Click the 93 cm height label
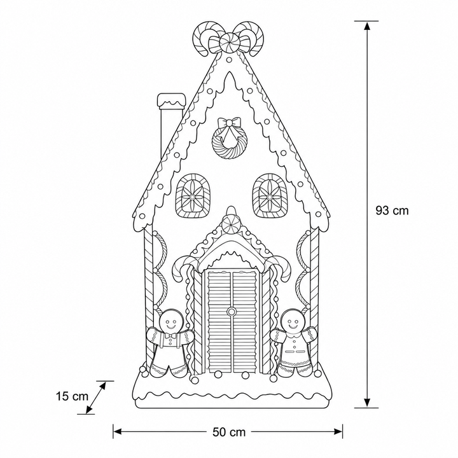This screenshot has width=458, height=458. (392, 211)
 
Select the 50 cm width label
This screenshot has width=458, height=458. (229, 432)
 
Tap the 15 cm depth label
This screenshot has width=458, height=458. (72, 396)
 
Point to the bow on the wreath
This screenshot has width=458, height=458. (230, 122)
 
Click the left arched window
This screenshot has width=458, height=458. (193, 196)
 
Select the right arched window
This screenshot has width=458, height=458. (270, 196)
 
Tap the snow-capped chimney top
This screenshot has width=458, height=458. (171, 101)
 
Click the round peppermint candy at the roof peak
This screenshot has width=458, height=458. (230, 43)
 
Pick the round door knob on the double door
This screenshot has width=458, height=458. (232, 312)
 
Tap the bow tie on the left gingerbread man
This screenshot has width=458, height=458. (170, 336)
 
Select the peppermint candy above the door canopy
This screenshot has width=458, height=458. (232, 225)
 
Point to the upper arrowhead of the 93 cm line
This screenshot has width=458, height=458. (367, 26)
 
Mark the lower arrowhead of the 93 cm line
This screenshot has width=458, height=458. (367, 403)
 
